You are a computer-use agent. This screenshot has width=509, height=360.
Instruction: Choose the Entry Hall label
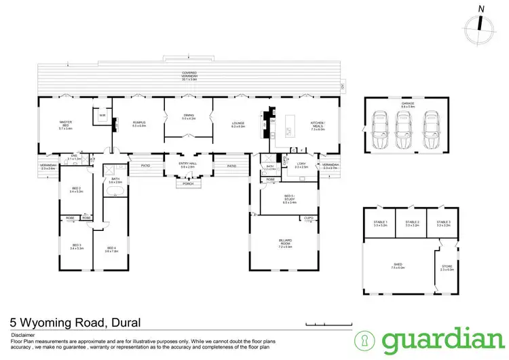pyautogui.click(x=187, y=165)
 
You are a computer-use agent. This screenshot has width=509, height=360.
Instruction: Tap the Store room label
pyautogui.click(x=445, y=268)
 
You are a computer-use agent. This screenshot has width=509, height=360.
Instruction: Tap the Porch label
pyautogui.click(x=188, y=183)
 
